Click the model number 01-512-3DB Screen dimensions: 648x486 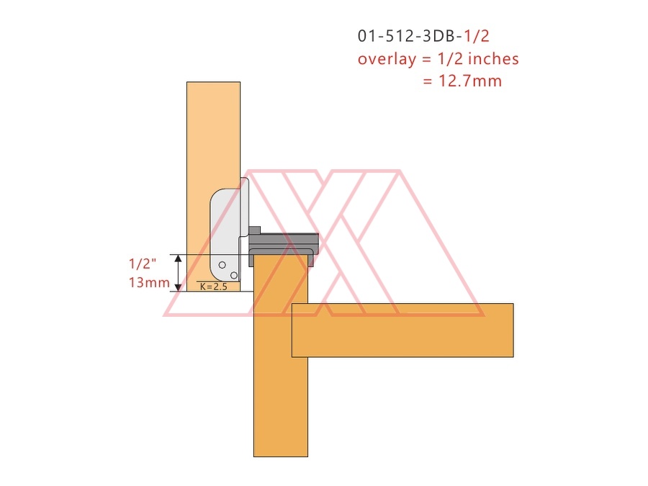(x=410, y=37)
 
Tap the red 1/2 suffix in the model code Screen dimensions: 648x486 (x=477, y=37)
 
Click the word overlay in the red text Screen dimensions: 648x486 (x=387, y=59)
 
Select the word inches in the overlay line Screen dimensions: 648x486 (x=493, y=59)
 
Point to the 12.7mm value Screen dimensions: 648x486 (x=470, y=81)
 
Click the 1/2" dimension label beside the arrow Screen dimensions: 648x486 (x=143, y=264)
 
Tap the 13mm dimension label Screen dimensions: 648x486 (x=149, y=283)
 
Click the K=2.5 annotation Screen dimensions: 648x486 (x=214, y=287)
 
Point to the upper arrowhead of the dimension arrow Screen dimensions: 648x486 (x=178, y=258)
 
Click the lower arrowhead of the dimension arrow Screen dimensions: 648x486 (x=178, y=287)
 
